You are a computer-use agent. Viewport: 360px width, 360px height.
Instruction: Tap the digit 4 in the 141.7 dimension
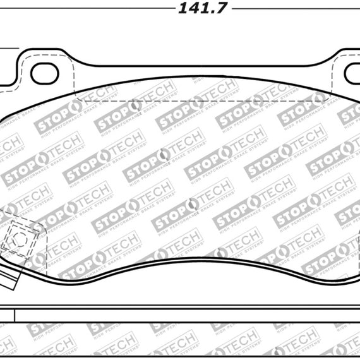pos(189,8)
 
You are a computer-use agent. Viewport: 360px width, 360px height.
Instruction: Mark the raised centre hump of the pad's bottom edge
pos(189,248)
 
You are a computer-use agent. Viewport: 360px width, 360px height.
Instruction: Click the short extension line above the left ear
pos(6,47)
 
